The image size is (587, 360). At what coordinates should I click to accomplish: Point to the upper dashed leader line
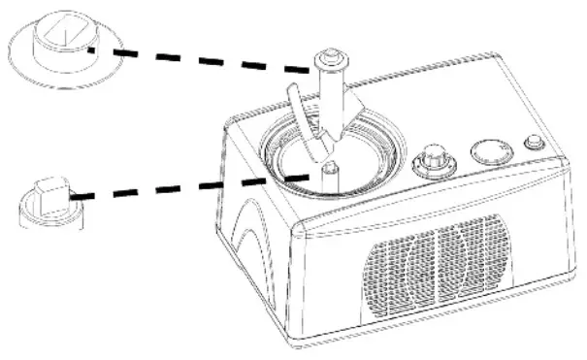point(204,58)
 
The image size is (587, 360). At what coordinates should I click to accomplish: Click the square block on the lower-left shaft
point(51,188)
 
